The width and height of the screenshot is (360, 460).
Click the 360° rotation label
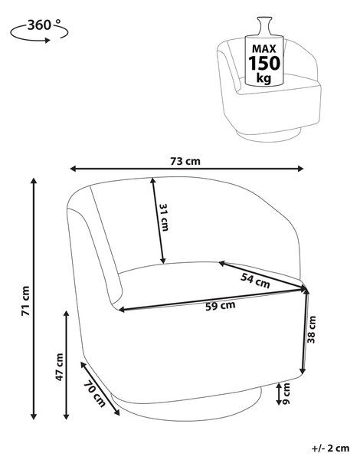(x=44, y=25)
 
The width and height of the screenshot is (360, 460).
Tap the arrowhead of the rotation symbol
(x=47, y=40)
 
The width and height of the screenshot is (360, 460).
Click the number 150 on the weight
(x=264, y=63)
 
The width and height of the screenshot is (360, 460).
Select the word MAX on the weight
(x=264, y=49)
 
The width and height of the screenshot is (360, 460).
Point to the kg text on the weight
(x=263, y=78)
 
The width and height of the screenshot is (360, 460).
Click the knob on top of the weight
(x=264, y=26)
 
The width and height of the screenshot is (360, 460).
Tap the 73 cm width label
(x=185, y=161)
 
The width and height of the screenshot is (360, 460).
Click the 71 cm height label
(x=26, y=301)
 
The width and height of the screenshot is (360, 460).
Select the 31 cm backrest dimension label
(x=164, y=217)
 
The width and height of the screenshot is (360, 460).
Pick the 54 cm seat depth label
(x=255, y=281)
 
